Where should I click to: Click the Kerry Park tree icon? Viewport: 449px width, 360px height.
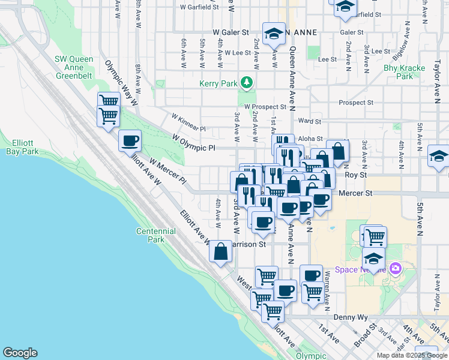pyautogui.click(x=246, y=82)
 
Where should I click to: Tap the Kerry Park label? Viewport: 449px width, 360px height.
pyautogui.click(x=218, y=84)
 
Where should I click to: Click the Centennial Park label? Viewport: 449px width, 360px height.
pyautogui.click(x=155, y=235)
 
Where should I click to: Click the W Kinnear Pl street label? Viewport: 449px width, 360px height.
pyautogui.click(x=188, y=122)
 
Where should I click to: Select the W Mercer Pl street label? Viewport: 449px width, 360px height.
pyautogui.click(x=167, y=171)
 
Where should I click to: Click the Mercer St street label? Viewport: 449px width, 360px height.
pyautogui.click(x=355, y=194)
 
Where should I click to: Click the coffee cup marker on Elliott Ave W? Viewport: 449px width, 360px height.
pyautogui.click(x=130, y=142)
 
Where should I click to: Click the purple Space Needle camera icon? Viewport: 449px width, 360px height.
pyautogui.click(x=395, y=268)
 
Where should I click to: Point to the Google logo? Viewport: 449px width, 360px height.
pyautogui.click(x=20, y=353)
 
